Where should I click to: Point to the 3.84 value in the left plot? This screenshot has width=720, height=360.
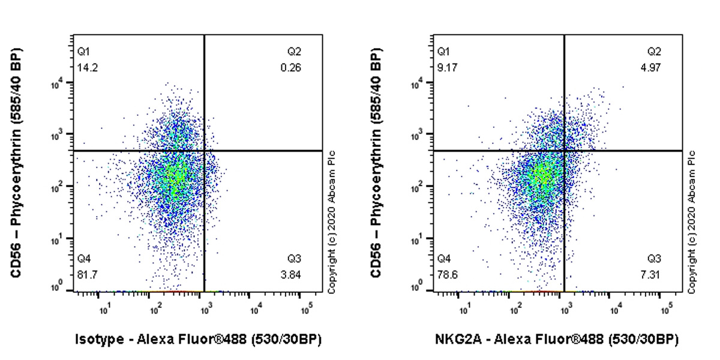coord(293,274)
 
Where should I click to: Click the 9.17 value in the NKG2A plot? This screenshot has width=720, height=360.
coord(445,68)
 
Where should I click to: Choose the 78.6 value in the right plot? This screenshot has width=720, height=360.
coord(445,274)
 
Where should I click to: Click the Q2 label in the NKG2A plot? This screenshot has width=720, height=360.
coord(654,52)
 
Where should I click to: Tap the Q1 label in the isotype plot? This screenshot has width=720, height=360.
coord(83,52)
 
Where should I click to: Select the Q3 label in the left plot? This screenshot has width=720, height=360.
coord(294,259)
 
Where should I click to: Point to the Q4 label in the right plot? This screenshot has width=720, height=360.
coord(443,259)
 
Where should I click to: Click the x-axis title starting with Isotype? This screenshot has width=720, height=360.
coord(198,340)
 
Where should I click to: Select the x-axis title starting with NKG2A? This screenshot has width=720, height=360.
coord(557,340)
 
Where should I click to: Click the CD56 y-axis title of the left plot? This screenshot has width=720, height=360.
coord(16,162)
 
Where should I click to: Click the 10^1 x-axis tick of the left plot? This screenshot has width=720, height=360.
coord(104,310)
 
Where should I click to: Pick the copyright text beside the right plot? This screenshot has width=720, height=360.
coord(691,222)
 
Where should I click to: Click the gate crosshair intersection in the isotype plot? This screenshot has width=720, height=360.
coord(205,151)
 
